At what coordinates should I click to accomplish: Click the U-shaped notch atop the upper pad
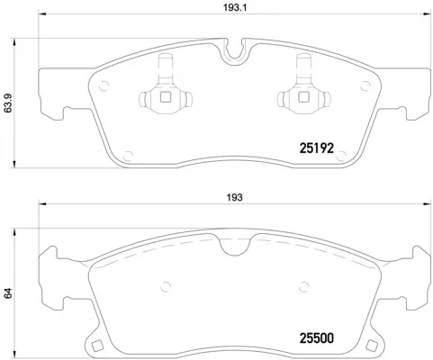click(237, 51)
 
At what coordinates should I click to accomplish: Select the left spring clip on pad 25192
click(165, 91)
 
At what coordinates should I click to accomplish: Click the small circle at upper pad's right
click(365, 86)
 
